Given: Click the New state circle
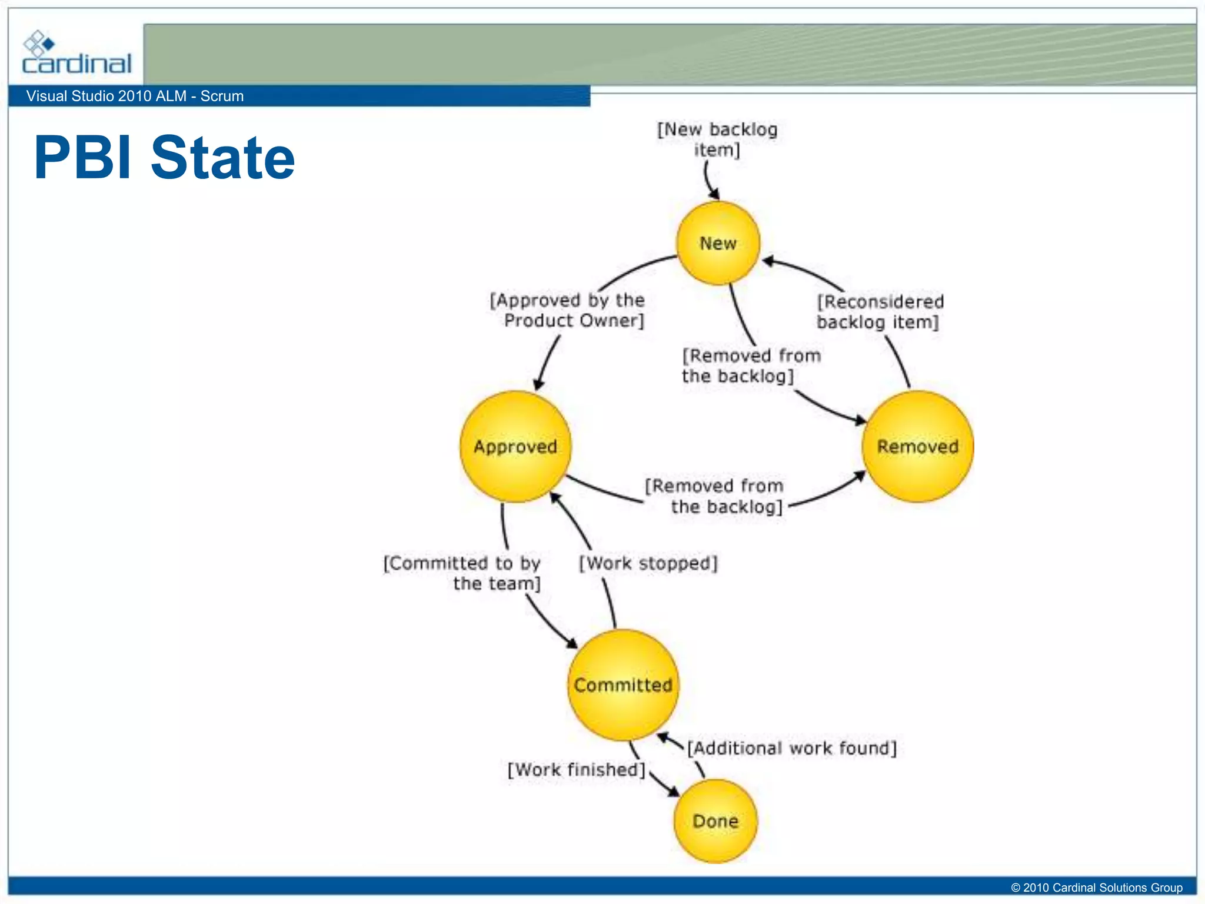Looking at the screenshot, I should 718,243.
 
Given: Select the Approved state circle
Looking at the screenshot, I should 515,447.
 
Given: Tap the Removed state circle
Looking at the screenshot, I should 917,447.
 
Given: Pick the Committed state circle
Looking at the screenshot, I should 623,685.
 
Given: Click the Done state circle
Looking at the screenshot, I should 715,821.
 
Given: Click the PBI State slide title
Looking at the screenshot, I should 164,157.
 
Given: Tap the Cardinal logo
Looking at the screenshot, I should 76,54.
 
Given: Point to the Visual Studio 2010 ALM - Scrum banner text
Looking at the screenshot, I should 135,96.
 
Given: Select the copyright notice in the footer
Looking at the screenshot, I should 1096,888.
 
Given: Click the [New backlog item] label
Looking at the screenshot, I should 717,139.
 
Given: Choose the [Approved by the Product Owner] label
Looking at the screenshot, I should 568,310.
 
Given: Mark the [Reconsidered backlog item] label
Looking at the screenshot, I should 880,312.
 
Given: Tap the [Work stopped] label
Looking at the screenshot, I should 648,563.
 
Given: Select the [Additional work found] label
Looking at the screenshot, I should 792,748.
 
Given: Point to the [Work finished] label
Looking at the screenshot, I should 577,770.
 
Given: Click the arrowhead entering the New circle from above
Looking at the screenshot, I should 714,194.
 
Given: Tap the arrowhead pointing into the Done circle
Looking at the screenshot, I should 673,792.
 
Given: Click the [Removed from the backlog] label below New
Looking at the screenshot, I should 751,365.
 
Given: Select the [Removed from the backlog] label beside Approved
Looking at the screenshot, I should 714,496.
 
